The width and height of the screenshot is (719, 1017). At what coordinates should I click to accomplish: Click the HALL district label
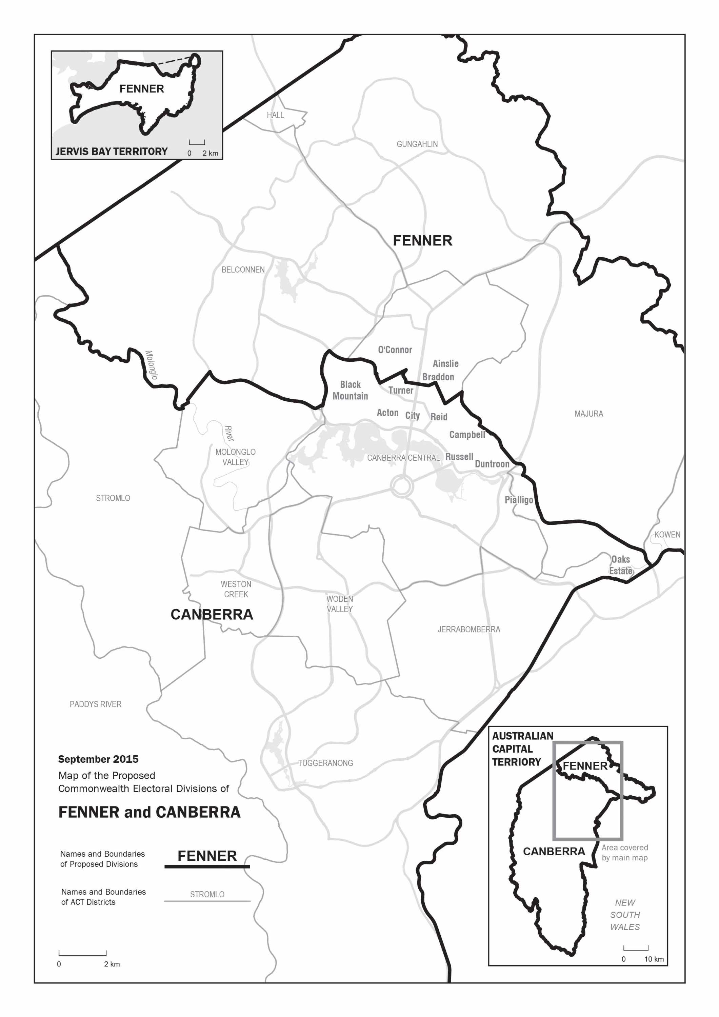tap(275, 115)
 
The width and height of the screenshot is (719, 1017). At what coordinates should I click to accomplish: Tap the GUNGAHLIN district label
tap(417, 144)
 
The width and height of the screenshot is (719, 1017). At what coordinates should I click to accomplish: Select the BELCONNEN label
tap(243, 270)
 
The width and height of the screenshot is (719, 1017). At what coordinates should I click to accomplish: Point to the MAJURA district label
tap(588, 414)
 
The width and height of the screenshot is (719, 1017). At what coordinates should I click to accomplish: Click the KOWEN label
tap(667, 535)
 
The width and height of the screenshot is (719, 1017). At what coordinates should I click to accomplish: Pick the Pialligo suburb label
tap(519, 500)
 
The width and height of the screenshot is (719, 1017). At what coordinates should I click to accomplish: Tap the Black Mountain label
tap(350, 390)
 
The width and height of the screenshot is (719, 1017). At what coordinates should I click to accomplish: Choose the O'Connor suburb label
tap(395, 350)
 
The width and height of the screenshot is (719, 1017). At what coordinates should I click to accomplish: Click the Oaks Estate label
tap(621, 565)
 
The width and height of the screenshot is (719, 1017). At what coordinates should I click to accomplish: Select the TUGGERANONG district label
tap(325, 763)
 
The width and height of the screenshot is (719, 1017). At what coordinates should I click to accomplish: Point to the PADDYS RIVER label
tap(95, 704)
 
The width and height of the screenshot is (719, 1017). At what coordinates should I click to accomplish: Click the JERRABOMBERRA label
tap(469, 630)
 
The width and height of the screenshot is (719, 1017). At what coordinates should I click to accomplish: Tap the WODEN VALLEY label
tap(340, 604)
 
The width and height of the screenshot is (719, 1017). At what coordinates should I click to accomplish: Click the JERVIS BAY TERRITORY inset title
tap(112, 152)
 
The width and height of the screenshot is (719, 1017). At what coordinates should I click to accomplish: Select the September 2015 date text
tap(98, 759)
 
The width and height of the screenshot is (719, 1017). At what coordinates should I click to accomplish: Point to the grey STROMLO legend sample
tap(207, 894)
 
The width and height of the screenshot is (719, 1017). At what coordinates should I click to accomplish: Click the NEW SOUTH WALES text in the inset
tap(625, 915)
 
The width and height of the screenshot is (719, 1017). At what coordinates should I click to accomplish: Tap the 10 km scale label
tap(654, 959)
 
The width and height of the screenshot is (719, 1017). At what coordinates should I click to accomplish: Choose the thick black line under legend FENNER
tap(207, 866)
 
